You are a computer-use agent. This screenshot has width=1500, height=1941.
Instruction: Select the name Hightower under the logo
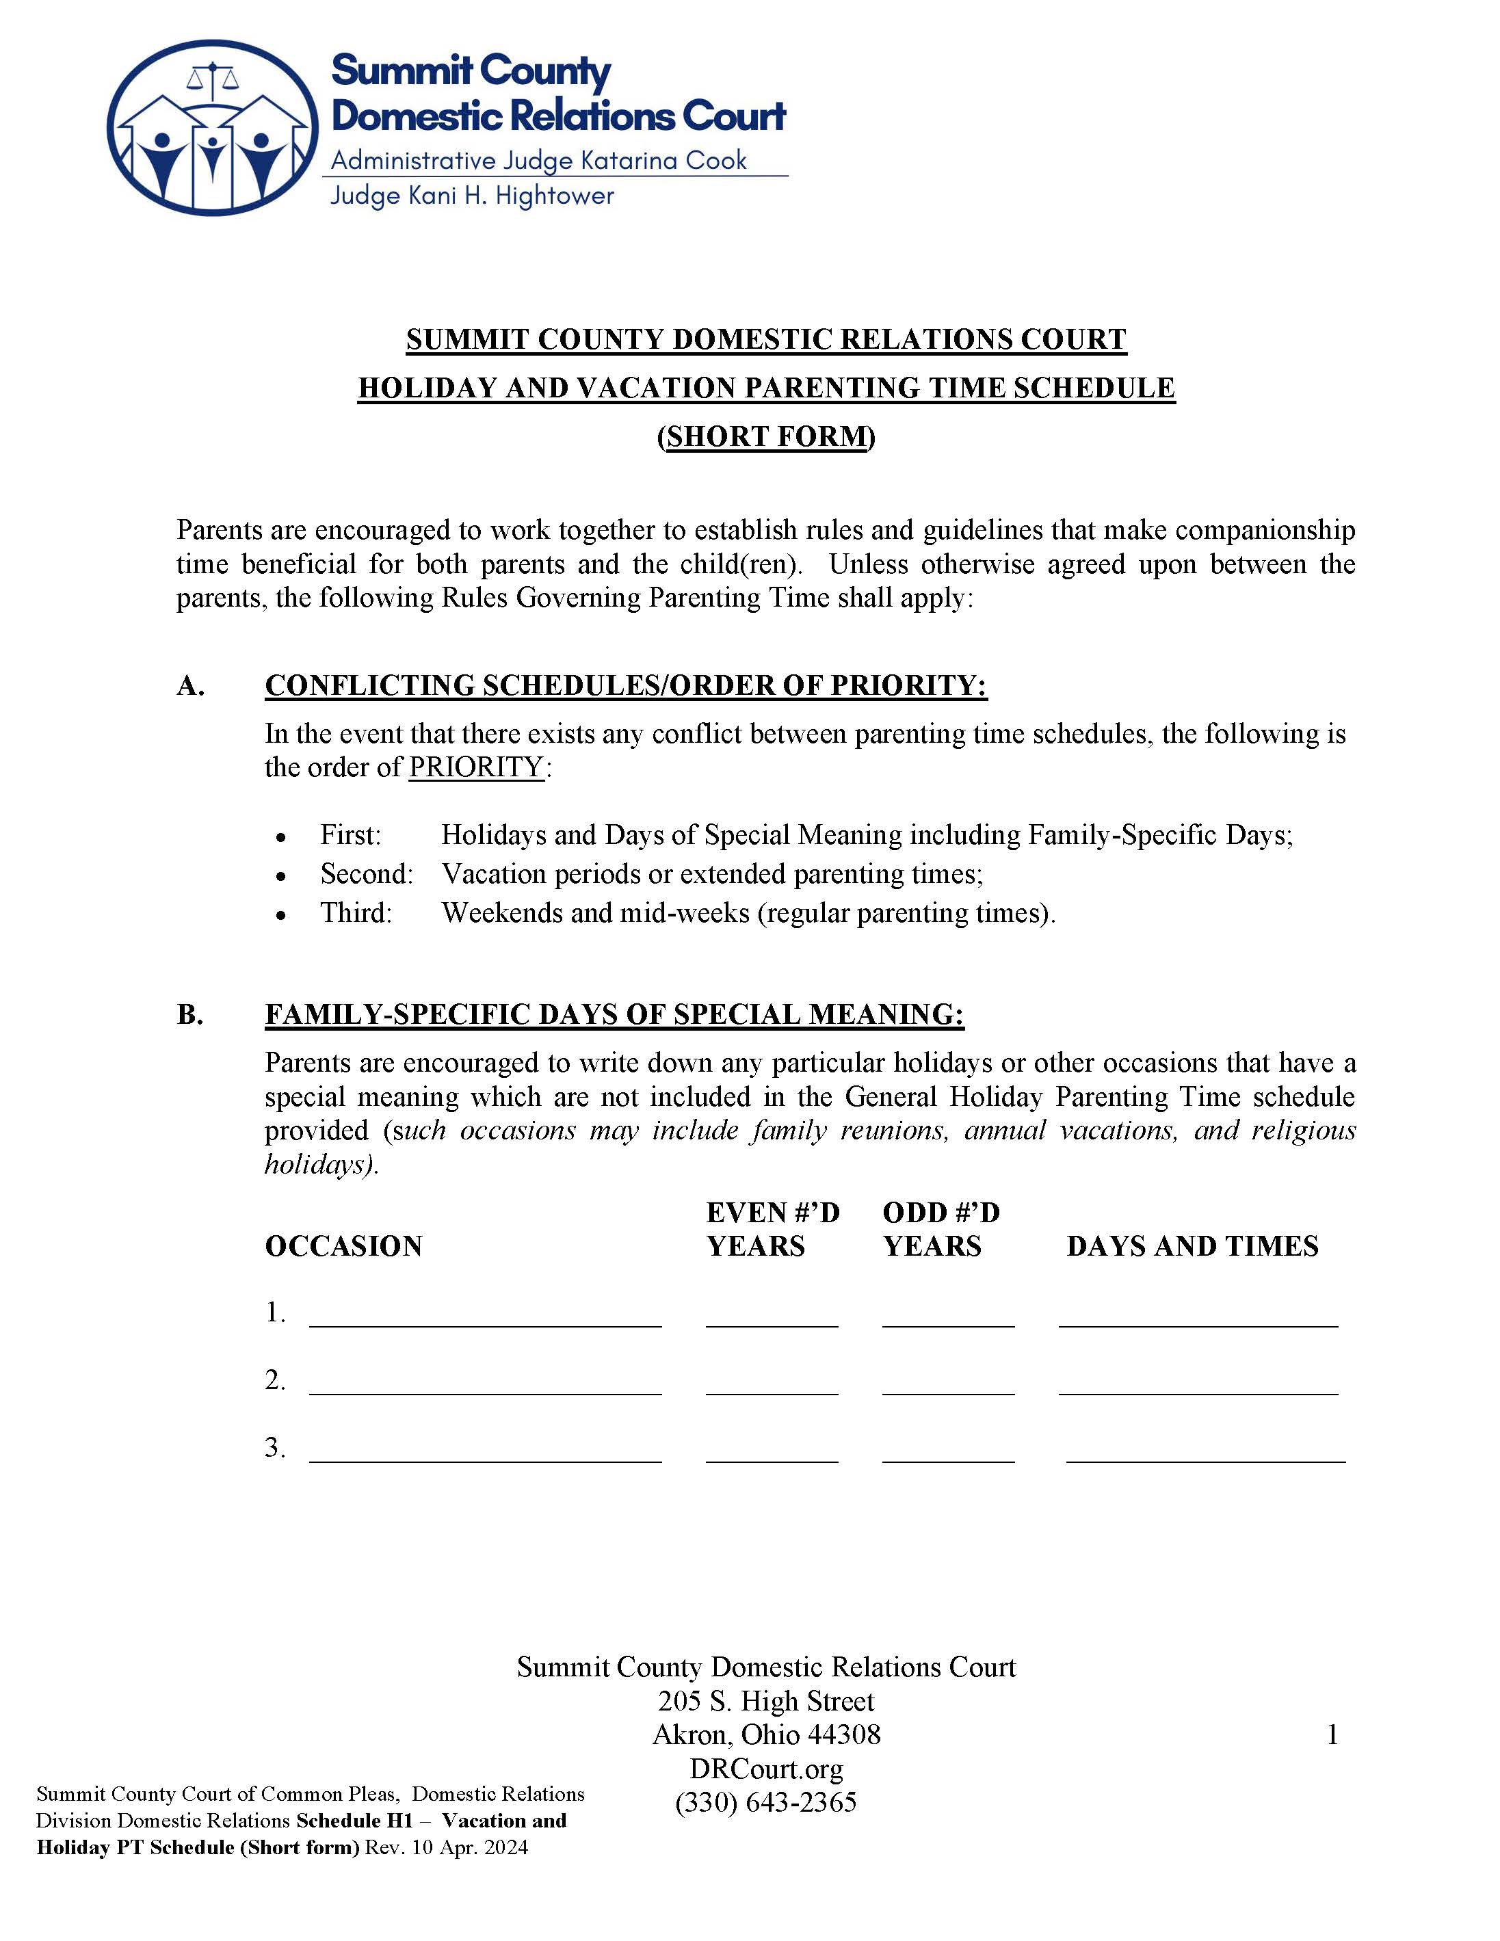point(555,196)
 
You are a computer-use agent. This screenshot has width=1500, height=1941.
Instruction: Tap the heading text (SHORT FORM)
point(766,436)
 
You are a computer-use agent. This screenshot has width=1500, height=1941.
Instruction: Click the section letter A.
point(190,685)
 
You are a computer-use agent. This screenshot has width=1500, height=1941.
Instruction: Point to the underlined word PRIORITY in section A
point(475,767)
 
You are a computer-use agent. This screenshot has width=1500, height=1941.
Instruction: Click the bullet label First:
point(350,834)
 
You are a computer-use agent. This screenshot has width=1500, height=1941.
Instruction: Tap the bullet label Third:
point(356,913)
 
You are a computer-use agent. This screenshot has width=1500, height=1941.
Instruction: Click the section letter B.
point(190,1014)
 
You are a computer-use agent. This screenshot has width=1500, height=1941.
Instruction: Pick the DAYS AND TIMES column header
point(1192,1246)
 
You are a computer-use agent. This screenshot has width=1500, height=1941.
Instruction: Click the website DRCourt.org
point(766,1769)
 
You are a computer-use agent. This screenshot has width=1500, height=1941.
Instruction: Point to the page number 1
point(1331,1735)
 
